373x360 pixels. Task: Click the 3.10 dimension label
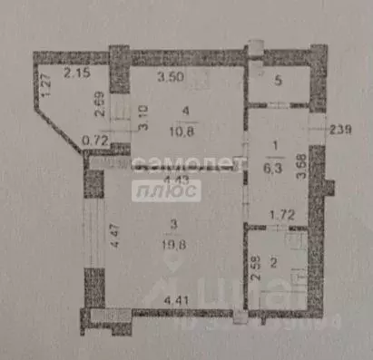pos(143,118)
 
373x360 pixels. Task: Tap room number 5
pos(279,78)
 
